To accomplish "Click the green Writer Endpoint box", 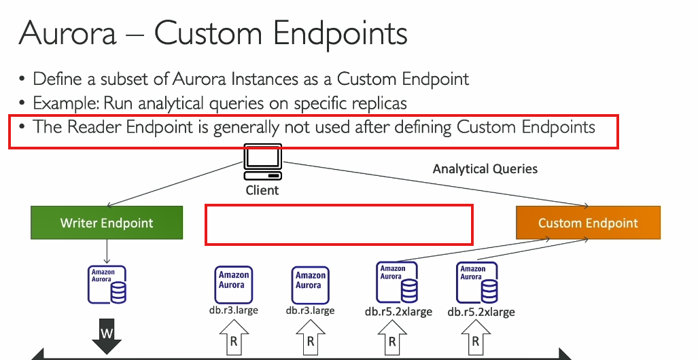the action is tap(107, 223).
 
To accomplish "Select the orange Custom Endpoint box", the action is tap(588, 223).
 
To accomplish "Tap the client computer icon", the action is tap(262, 162).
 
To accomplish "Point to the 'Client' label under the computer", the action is tap(262, 190).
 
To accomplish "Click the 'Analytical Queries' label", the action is tap(485, 169).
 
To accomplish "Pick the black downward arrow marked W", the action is tap(107, 336).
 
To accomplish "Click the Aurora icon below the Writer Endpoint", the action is tap(107, 285).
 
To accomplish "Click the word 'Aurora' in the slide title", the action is tap(67, 33).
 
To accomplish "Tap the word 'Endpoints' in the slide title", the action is tap(340, 35).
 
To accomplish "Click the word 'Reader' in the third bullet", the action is tap(94, 127).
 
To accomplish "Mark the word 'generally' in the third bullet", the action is tap(247, 128).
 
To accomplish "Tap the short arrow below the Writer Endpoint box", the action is tap(107, 251).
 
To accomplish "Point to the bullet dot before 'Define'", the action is tap(22, 79).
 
